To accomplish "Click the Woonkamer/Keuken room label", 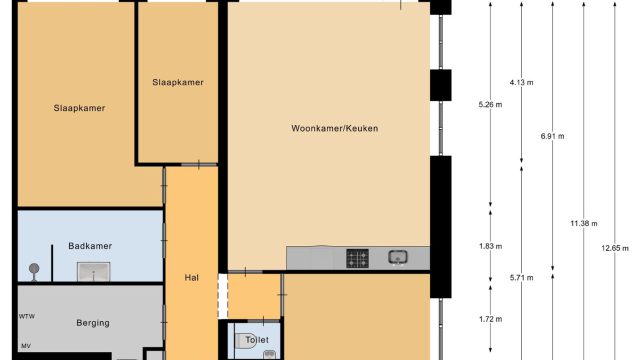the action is (x=335, y=129).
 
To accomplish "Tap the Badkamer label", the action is (x=90, y=246).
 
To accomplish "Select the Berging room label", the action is (x=93, y=323).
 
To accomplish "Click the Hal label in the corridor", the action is (x=191, y=278).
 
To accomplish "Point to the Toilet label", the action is (x=257, y=340).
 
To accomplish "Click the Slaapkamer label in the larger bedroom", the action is (x=79, y=108).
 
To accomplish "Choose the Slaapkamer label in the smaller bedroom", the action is (x=178, y=82).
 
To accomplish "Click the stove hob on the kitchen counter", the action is (x=358, y=258).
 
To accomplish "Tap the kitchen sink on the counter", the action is (x=398, y=257).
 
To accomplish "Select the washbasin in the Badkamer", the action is (x=93, y=272).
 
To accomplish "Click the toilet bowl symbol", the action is (x=246, y=341).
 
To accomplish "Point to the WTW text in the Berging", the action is (x=27, y=316).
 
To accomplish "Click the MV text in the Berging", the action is (x=26, y=346).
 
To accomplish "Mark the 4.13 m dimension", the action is (x=521, y=82).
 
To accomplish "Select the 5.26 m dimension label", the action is (x=490, y=105).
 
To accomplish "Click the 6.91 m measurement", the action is (x=553, y=136).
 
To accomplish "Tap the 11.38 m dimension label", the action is (x=584, y=224).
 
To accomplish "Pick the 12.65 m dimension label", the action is (x=615, y=248).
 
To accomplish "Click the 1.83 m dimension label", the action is (x=490, y=247).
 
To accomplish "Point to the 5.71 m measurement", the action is (x=521, y=278).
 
